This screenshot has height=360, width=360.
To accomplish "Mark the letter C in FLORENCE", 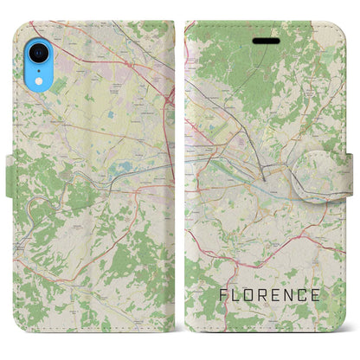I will (x=309, y=295).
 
